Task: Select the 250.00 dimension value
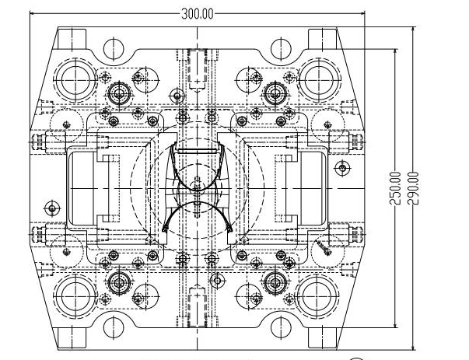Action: (395, 189)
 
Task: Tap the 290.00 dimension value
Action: (413, 189)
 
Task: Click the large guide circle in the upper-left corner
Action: (75, 79)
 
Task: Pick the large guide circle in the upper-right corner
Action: (318, 79)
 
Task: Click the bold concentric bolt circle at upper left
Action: (119, 94)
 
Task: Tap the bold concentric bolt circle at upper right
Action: (274, 94)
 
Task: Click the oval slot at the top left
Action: (111, 46)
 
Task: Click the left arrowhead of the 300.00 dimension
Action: (33, 13)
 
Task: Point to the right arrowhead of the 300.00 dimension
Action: (362, 13)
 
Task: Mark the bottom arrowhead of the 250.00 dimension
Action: (395, 326)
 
